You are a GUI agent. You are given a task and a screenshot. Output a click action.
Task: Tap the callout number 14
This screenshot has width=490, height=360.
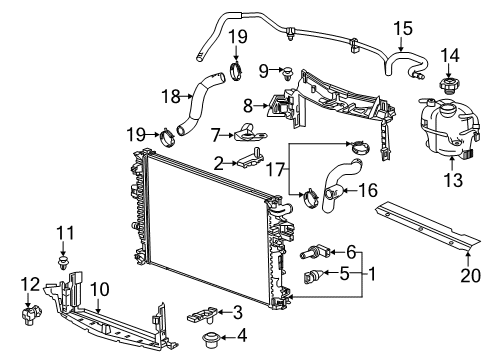(x=449, y=54)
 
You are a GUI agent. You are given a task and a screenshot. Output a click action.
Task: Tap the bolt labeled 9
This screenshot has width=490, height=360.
(x=289, y=72)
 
